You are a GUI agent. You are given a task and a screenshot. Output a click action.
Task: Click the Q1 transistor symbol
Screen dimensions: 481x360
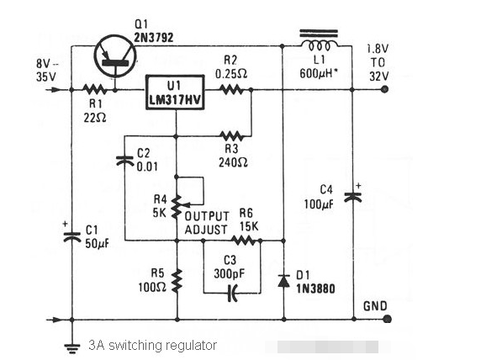click(115, 56)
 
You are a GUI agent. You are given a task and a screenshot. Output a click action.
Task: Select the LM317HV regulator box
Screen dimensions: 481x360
click(175, 92)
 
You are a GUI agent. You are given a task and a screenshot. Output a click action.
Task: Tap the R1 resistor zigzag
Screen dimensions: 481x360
click(94, 90)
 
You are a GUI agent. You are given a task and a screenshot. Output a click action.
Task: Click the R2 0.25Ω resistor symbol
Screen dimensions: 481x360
click(231, 90)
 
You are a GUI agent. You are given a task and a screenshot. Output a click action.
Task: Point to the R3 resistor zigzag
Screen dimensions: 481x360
click(232, 135)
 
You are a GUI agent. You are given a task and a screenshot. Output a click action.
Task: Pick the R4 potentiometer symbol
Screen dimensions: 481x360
click(177, 208)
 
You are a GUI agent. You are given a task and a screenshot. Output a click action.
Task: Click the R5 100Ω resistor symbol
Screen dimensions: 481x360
click(177, 281)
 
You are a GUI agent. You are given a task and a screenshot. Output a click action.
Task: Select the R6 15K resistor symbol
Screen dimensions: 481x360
click(244, 241)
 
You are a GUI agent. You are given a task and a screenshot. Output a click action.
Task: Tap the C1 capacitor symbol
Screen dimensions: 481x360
click(72, 237)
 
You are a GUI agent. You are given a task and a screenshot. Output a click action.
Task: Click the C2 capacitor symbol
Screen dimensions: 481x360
click(124, 161)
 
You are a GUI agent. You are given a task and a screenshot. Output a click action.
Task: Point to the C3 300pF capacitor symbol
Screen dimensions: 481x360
click(233, 293)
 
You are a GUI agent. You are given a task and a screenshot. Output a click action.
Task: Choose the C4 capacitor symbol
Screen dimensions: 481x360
click(353, 197)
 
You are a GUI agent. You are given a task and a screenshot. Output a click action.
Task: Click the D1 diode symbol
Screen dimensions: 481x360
click(283, 281)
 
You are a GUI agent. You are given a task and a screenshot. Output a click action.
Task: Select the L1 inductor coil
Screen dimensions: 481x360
click(320, 45)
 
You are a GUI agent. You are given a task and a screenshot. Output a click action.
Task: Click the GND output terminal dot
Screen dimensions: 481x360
click(388, 319)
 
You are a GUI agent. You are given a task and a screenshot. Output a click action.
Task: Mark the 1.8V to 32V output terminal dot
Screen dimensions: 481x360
click(384, 90)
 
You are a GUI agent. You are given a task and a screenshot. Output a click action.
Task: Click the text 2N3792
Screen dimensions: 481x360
click(154, 38)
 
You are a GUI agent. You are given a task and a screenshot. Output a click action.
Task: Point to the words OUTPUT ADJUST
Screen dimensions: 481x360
click(207, 223)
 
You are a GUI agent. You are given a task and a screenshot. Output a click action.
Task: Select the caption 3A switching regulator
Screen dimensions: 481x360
click(152, 346)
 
